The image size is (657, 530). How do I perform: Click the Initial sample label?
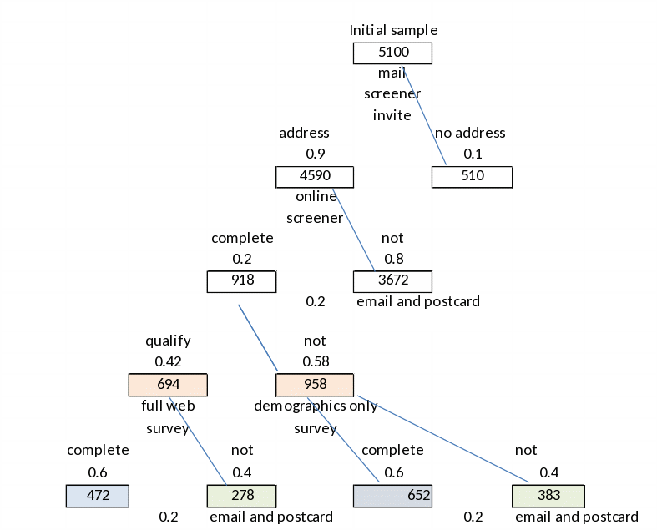pos(393,31)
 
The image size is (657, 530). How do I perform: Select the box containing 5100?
pos(392,53)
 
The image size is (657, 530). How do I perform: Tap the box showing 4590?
pos(315,176)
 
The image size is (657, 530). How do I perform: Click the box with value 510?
pos(472,176)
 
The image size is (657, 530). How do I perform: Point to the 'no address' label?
pos(471,133)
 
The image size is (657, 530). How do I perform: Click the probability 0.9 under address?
pos(316,154)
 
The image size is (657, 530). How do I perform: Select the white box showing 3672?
pos(392,281)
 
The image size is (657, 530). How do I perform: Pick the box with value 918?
pos(241,281)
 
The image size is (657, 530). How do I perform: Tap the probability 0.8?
pos(394,260)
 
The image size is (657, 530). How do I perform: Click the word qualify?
pos(168,341)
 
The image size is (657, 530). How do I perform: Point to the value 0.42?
pos(168,362)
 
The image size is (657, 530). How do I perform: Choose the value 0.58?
pos(316,362)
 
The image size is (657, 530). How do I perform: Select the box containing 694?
pos(168,385)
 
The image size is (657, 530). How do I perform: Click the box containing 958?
pos(315,385)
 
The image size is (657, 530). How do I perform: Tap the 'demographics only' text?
pos(316,406)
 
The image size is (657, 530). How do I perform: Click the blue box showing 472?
pos(98,495)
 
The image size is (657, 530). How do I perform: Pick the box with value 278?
pos(241,495)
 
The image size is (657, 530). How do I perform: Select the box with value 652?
pos(392,495)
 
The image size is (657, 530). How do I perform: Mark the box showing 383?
pos(548,495)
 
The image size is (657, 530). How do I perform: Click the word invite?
pos(392,115)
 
